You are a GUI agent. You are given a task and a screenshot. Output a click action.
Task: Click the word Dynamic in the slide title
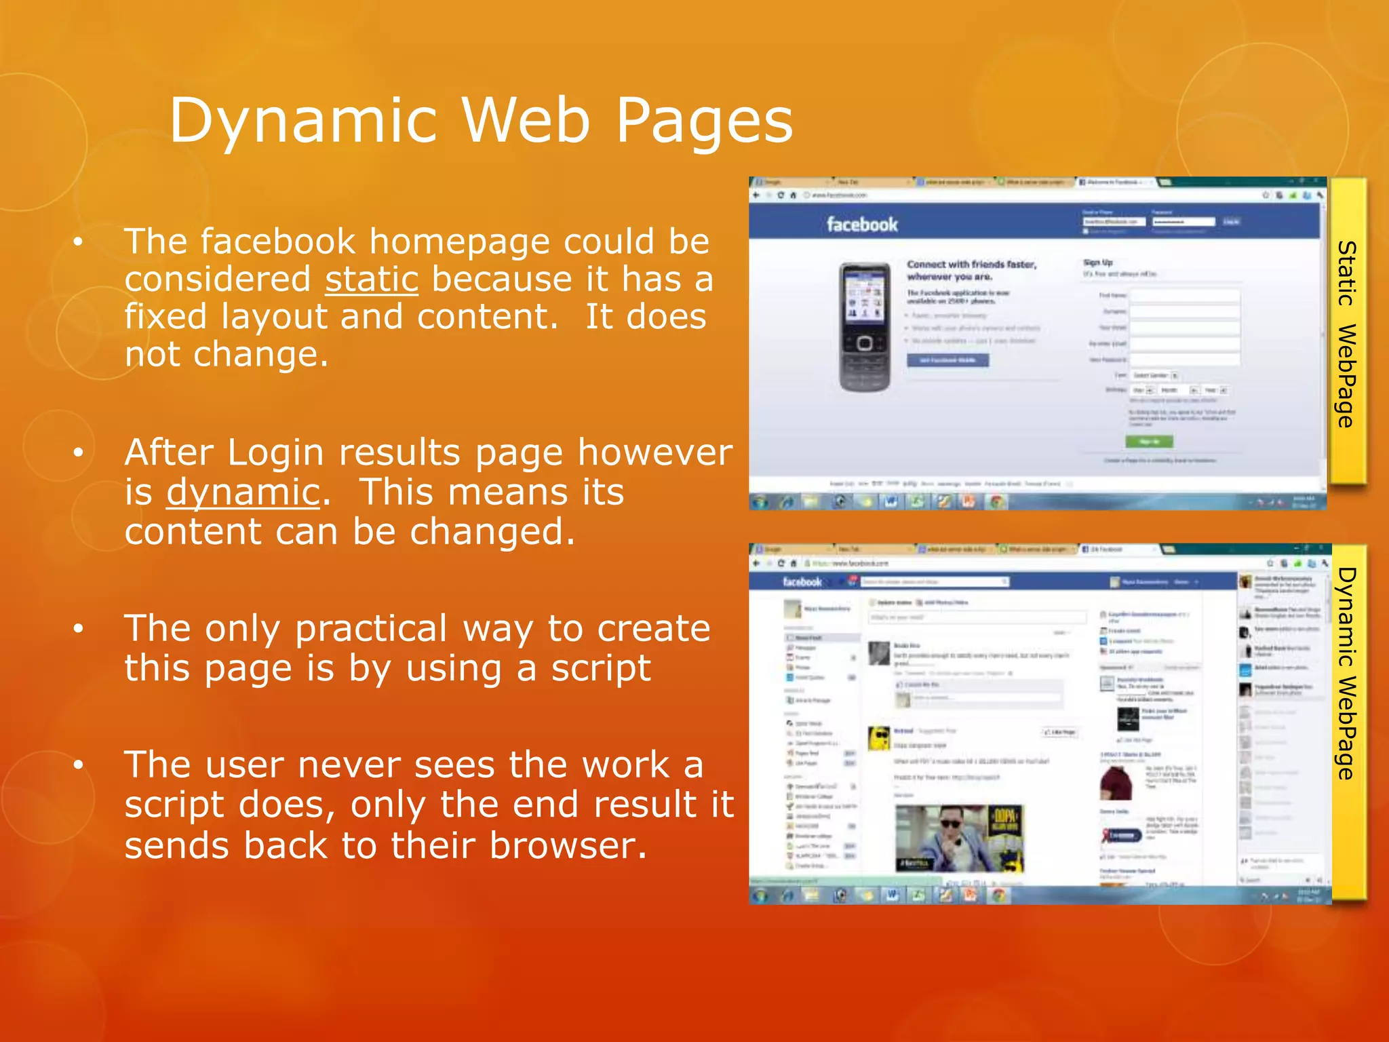(x=302, y=121)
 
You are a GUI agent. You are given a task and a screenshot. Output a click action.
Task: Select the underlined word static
(x=372, y=279)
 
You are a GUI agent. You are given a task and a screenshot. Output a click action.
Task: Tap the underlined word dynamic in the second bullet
(x=243, y=492)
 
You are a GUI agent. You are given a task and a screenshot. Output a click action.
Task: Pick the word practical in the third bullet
(x=371, y=629)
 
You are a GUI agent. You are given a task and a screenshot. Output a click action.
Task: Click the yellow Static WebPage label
(x=1347, y=332)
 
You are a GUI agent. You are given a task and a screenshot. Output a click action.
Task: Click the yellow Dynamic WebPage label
(x=1347, y=672)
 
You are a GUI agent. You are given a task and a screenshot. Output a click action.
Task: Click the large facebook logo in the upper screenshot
(x=861, y=225)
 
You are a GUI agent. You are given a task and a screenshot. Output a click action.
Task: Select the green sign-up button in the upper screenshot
(x=1149, y=442)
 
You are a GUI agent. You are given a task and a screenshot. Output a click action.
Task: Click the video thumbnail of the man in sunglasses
(x=959, y=838)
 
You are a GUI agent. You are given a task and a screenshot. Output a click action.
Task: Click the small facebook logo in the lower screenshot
(x=802, y=581)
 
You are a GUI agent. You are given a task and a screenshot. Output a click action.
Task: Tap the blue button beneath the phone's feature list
(x=947, y=360)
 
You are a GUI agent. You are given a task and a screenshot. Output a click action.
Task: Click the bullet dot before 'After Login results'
(x=79, y=452)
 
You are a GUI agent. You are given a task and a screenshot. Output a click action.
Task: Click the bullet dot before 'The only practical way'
(x=79, y=629)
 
